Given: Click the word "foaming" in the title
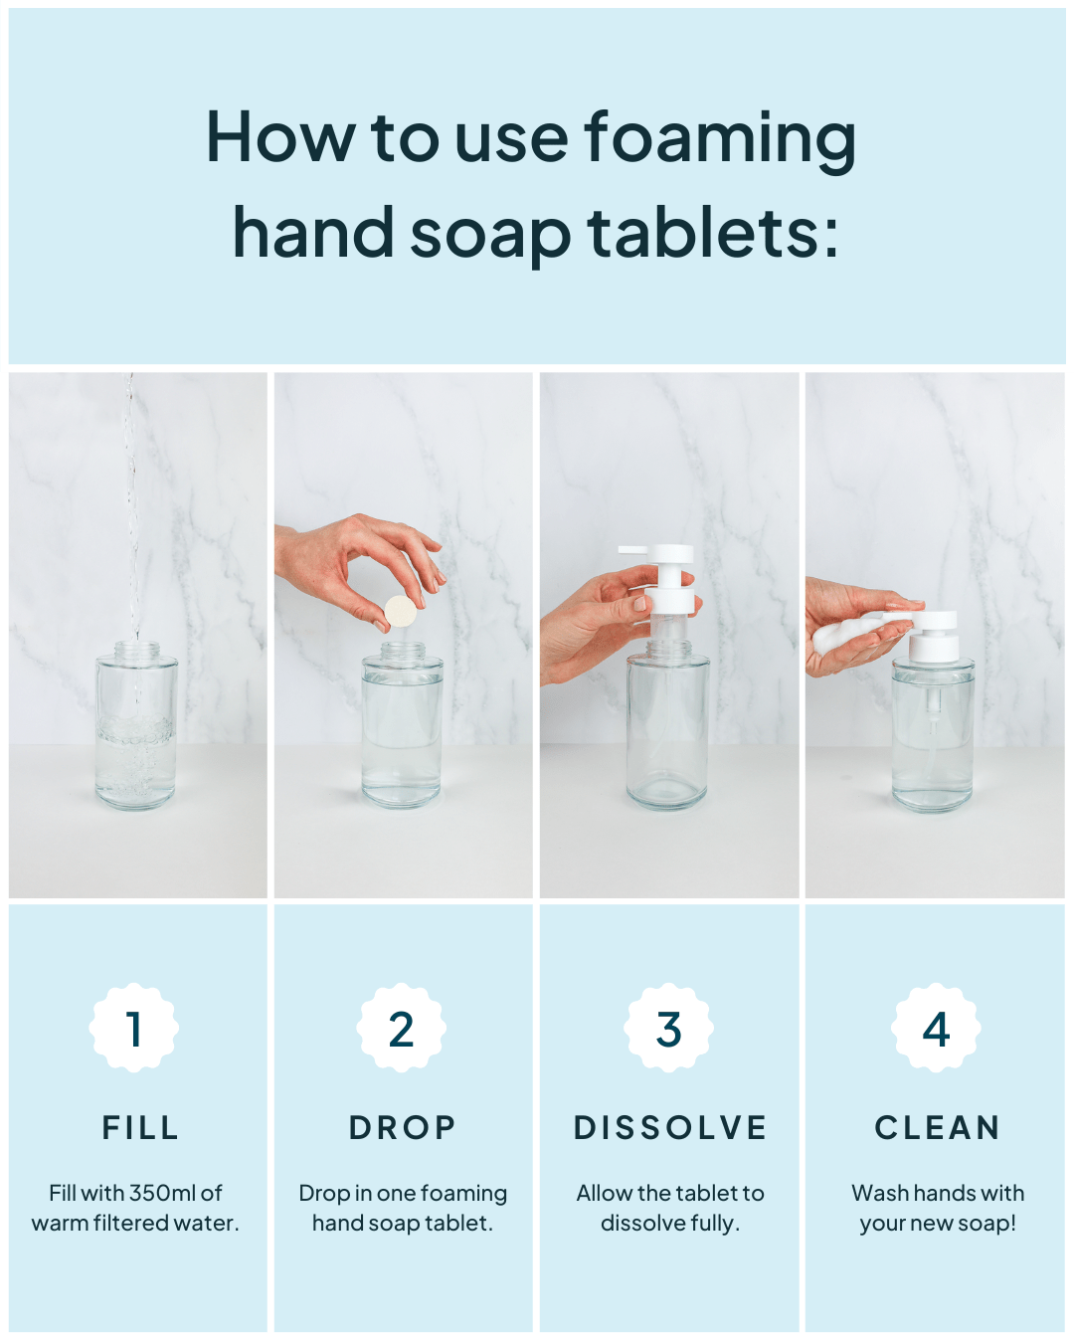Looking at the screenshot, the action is tap(720, 141).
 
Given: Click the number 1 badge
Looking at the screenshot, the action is tap(134, 1028).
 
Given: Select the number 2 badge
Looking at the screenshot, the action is tap(402, 1028).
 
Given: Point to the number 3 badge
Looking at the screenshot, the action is tap(668, 1028).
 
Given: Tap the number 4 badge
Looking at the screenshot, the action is tap(936, 1028).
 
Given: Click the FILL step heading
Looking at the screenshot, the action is tap(140, 1128).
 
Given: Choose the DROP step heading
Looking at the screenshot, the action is tap(402, 1128).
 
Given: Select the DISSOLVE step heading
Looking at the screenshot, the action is tap(669, 1128).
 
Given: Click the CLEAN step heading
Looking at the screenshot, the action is tap(938, 1128).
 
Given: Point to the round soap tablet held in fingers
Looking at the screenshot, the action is tap(400, 612).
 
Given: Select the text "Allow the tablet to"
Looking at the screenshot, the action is tap(669, 1193).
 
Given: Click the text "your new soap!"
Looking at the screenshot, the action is tap(938, 1224).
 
